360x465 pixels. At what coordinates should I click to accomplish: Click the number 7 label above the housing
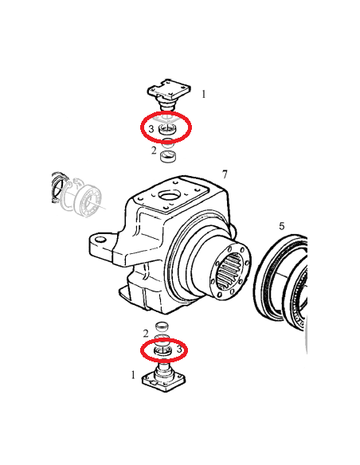[x=225, y=174]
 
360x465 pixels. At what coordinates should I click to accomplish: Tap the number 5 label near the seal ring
[x=281, y=226]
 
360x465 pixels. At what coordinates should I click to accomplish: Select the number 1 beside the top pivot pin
[x=203, y=94]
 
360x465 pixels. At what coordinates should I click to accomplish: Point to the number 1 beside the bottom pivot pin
[x=133, y=375]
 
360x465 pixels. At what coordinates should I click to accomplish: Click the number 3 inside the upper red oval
[x=151, y=129]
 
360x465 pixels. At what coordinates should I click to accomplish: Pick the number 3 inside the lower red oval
[x=179, y=349]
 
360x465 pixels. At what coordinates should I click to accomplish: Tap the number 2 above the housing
[x=154, y=150]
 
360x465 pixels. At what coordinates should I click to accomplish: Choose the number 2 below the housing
[x=146, y=334]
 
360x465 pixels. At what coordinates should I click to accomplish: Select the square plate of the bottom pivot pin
[x=164, y=381]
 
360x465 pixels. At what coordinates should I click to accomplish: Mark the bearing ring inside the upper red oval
[x=167, y=129]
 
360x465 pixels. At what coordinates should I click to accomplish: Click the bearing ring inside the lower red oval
[x=162, y=351]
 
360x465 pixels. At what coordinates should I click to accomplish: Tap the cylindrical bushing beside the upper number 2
[x=168, y=156]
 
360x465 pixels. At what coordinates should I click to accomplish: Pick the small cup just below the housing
[x=162, y=326]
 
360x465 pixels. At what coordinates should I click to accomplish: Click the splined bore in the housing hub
[x=230, y=271]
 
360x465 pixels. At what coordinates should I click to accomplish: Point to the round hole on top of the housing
[x=169, y=196]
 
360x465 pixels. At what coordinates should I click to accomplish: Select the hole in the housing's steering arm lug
[x=101, y=239]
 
